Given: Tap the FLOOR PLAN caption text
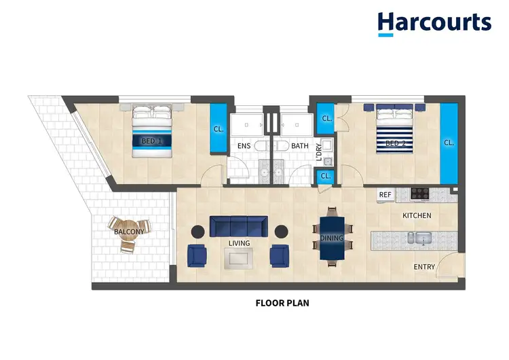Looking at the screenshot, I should point(282,303).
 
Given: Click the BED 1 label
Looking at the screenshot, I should point(151,141).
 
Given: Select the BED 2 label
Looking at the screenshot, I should point(395,143).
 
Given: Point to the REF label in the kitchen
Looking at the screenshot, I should point(385,195).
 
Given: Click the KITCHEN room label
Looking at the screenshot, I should point(417,215).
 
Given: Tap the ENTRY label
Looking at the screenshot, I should point(424,267).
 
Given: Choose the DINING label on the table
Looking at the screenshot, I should point(332,238).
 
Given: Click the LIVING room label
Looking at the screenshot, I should point(239,243).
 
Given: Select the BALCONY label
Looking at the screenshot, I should point(128,232).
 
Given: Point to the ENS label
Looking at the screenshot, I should point(244,146).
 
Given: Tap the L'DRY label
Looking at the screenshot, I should point(319,151).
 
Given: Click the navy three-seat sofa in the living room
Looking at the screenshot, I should point(238,226).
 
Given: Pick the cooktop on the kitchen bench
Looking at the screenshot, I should point(419,194).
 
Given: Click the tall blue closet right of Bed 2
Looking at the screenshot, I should point(449,143).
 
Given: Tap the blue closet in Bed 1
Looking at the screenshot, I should point(219,128).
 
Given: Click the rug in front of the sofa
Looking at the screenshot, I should point(239,257).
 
